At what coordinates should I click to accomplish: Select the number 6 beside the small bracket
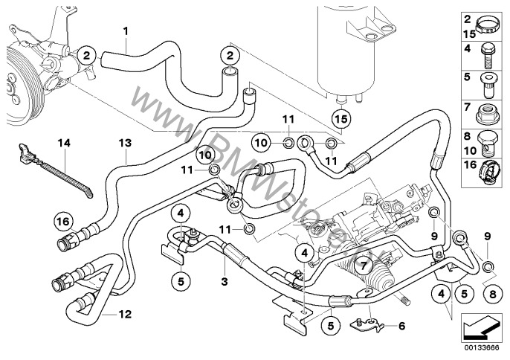point(403,325)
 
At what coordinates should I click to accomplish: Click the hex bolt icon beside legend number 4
point(491,53)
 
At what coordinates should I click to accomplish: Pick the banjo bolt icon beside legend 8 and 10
point(491,138)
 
